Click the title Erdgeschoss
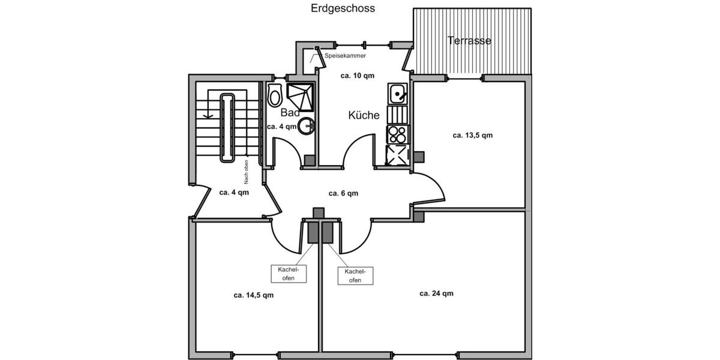[343, 8]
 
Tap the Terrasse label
[469, 41]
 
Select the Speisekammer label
[345, 56]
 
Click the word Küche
[364, 115]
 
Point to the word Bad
[290, 113]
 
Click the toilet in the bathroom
[275, 95]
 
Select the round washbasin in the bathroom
[308, 125]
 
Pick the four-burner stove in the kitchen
[397, 133]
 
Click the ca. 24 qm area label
[436, 293]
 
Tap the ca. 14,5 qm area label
[254, 295]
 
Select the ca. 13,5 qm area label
[472, 135]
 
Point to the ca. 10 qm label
[358, 76]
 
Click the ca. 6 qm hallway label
[343, 193]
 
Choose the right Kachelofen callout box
[355, 275]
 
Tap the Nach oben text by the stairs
[246, 172]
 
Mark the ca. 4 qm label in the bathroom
[281, 127]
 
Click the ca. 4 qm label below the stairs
[233, 193]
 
